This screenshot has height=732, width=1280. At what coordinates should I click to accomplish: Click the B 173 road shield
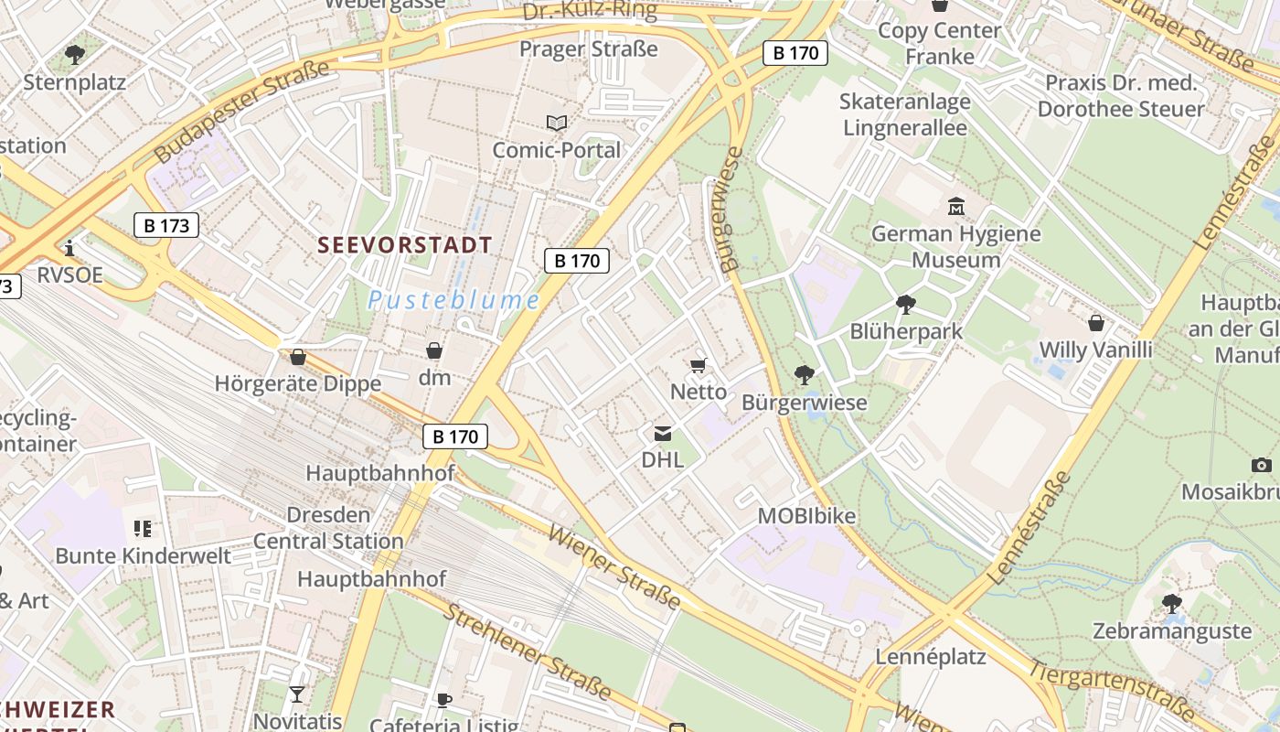coord(165,224)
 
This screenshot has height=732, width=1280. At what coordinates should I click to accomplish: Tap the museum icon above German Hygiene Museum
coord(956,206)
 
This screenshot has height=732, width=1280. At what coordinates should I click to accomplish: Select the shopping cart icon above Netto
coord(699,366)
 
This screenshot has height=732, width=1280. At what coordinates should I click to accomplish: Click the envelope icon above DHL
coord(662,434)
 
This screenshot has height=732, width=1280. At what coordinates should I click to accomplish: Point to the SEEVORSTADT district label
coord(405,245)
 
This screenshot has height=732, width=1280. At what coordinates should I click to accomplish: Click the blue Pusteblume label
coord(453,300)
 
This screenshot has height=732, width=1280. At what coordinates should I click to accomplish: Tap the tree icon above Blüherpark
coord(906,304)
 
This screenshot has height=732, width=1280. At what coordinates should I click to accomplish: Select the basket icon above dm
coord(434,350)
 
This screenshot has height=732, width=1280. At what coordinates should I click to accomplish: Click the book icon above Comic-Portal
coord(556,123)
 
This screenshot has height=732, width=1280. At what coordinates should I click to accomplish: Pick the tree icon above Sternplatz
coord(75,55)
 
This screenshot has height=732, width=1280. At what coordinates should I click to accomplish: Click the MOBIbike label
coord(806,516)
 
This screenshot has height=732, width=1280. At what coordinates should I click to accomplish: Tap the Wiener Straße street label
coord(613,566)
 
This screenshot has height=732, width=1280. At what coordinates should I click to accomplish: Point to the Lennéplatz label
coord(931,657)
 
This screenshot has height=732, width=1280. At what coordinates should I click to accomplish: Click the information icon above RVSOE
coord(69,248)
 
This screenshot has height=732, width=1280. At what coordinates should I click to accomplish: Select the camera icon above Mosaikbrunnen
coord(1261,466)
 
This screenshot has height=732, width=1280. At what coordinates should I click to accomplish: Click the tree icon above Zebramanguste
coord(1172,604)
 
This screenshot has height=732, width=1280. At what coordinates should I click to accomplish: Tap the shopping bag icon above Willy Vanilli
coord(1096,323)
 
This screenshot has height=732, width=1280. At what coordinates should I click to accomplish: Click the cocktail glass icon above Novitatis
coord(297,694)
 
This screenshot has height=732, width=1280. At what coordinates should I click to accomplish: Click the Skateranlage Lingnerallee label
coord(904,114)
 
